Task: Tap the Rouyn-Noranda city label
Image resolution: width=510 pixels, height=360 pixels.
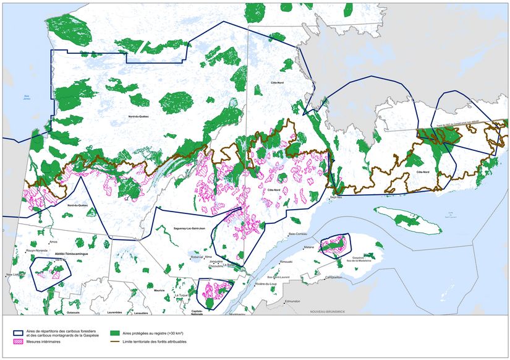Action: (38, 251)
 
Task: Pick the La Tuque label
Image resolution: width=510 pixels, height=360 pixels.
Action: (181, 296)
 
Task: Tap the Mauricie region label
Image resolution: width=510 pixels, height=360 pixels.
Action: (159, 290)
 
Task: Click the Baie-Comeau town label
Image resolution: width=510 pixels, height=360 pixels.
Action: (283, 234)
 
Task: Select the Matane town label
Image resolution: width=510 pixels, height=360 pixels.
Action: (309, 247)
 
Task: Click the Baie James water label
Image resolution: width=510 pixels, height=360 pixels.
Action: (27, 97)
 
